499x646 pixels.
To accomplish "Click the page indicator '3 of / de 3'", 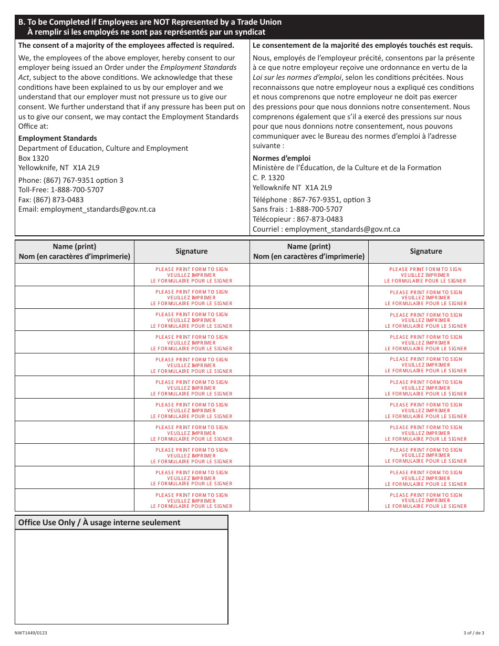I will tap(474, 633).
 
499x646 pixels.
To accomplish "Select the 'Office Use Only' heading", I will tap(99, 523).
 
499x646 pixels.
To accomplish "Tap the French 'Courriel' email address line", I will tap(326, 229).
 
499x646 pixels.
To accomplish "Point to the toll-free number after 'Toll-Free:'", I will tap(77, 190).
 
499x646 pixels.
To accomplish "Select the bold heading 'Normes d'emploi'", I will tap(282, 158).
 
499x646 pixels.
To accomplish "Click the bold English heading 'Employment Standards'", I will tap(58, 138).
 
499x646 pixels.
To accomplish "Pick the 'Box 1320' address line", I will tap(34, 158).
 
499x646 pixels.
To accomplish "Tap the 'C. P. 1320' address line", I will tap(268, 178).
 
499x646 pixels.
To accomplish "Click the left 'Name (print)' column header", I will tap(75, 252).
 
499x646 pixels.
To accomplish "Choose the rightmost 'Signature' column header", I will tap(426, 252).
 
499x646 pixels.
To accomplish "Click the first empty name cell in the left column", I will tap(75, 275).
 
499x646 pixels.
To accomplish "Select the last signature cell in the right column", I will tap(426, 501).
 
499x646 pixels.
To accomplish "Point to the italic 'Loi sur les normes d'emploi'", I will tap(297, 78).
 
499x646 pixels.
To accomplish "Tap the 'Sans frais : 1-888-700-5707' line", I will tap(297, 209).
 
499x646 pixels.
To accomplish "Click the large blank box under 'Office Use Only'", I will tap(121, 577).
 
